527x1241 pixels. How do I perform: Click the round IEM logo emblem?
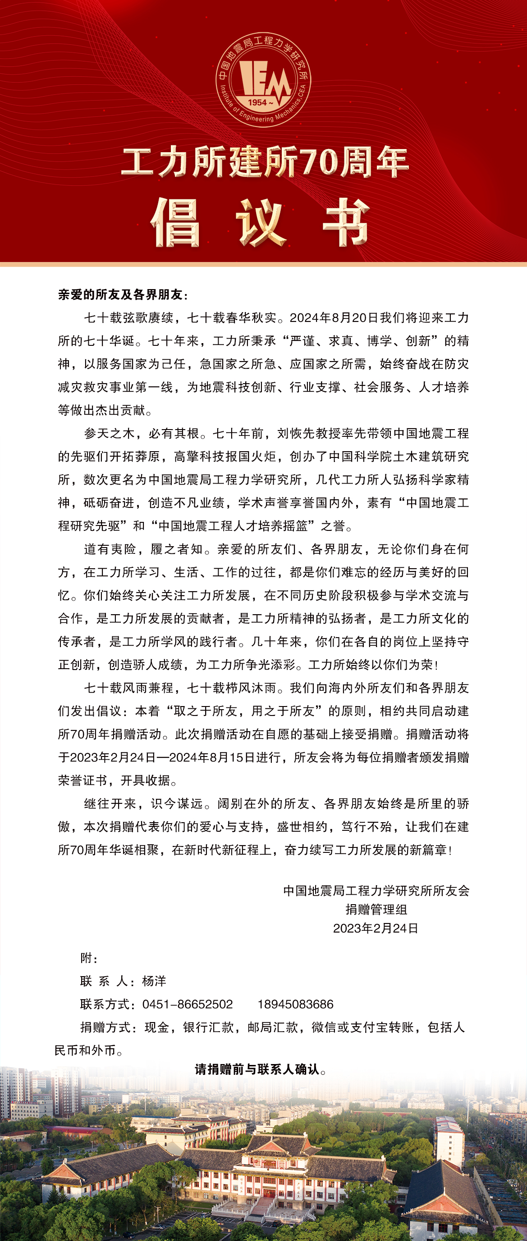click(x=263, y=80)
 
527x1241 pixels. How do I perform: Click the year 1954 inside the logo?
click(x=257, y=102)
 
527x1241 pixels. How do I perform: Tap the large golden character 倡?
click(x=175, y=223)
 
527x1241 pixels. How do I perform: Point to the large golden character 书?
click(x=346, y=223)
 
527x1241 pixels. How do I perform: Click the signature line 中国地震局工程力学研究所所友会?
click(x=376, y=890)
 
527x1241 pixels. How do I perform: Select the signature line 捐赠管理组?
click(x=376, y=909)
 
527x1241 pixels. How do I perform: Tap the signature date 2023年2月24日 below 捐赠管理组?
click(x=376, y=928)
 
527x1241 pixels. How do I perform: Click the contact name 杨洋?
click(x=154, y=981)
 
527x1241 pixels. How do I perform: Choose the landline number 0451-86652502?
click(x=188, y=1004)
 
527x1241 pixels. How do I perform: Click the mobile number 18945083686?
click(x=296, y=1004)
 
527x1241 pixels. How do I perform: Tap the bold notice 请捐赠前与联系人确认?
click(x=261, y=1069)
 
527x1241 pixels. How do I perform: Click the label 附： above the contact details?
click(x=89, y=958)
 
